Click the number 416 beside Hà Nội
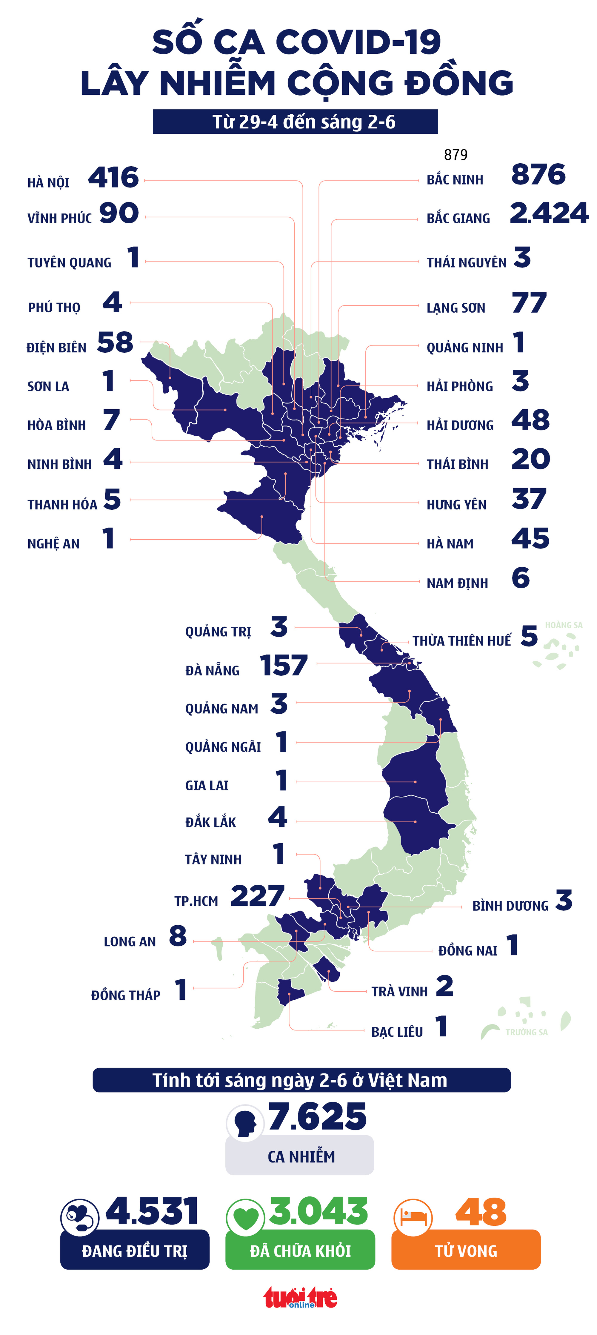[x=113, y=178]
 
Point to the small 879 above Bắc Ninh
[x=456, y=154]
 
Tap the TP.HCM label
[x=196, y=901]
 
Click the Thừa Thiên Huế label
[x=461, y=641]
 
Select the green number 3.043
[x=318, y=1212]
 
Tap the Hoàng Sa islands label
[x=563, y=625]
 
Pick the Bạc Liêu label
[x=397, y=1032]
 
